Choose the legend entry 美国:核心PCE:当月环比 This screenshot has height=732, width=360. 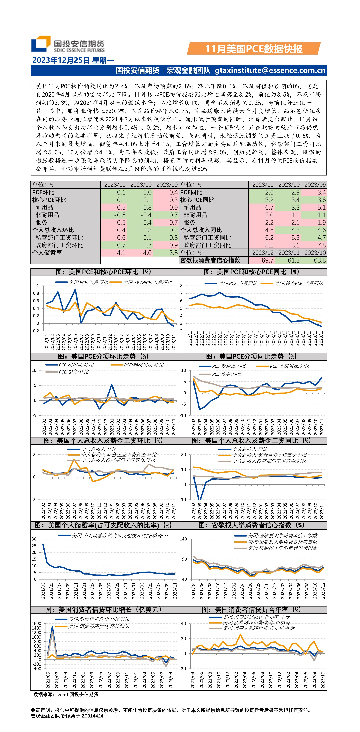[147, 282]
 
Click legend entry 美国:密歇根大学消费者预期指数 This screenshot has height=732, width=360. [282, 542]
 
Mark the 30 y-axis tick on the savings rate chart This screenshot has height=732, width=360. [34, 539]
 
